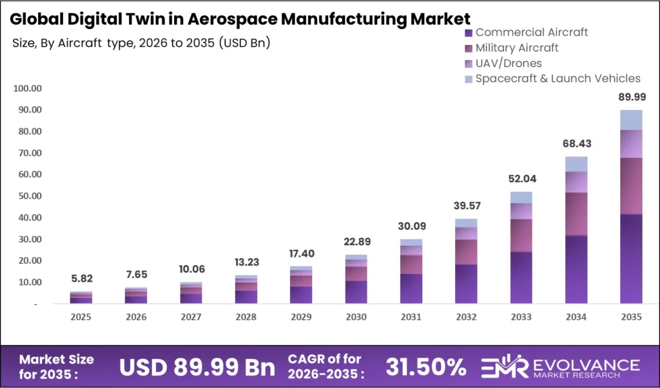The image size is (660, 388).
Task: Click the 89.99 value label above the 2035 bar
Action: tap(631, 97)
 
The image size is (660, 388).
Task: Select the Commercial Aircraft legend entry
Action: tap(531, 32)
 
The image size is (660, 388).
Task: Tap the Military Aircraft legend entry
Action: tap(516, 48)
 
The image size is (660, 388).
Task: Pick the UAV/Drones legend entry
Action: tap(508, 63)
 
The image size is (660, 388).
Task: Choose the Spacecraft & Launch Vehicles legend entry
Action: tap(558, 79)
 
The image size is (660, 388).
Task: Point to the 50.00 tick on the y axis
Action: tap(28, 196)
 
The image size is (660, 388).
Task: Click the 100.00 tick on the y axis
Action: tap(26, 88)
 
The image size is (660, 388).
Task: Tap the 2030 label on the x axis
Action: tap(356, 317)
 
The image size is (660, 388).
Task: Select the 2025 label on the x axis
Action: tap(81, 317)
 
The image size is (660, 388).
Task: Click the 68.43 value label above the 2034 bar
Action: tap(576, 143)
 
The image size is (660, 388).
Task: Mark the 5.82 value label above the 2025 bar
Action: tap(81, 279)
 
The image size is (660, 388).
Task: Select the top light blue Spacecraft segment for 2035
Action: tap(631, 120)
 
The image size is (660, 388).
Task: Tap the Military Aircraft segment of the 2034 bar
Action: tap(576, 214)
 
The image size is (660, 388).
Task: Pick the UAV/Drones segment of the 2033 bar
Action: tap(521, 211)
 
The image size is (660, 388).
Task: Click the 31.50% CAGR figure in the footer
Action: tap(425, 367)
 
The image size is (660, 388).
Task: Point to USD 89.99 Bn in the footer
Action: tap(197, 367)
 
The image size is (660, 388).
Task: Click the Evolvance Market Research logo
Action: tap(561, 367)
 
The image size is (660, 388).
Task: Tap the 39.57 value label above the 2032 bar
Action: tap(467, 206)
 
